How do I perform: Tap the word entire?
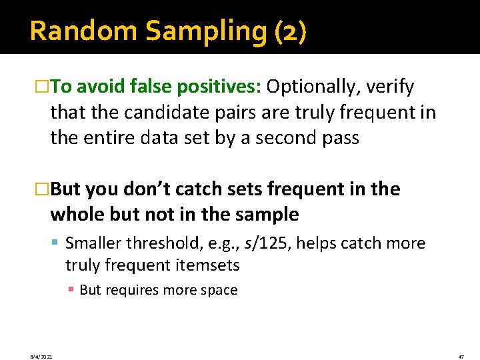pos(109,138)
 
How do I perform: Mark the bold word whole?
pos(78,215)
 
